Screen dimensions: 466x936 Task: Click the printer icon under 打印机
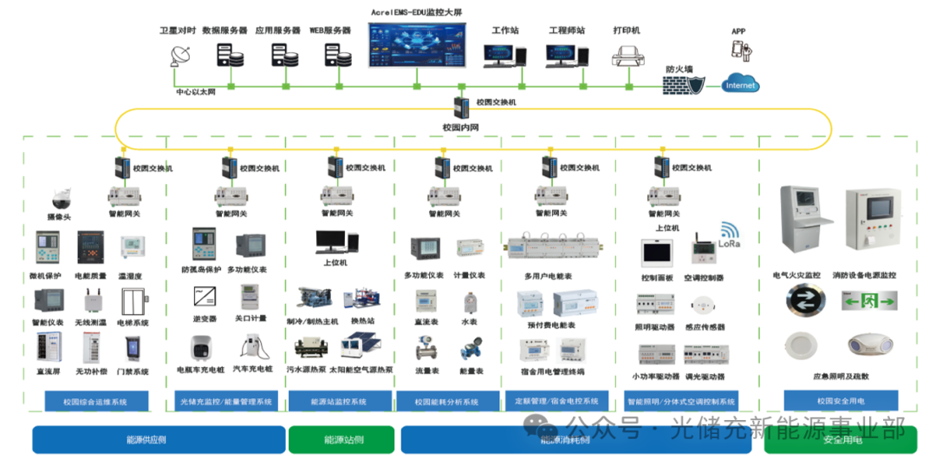click(627, 56)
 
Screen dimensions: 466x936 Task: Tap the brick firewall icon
click(679, 85)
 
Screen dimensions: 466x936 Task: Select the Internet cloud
click(740, 84)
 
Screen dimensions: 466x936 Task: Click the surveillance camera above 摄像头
click(60, 197)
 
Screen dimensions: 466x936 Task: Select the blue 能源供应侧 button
click(159, 439)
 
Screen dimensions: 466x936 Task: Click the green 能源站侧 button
click(341, 439)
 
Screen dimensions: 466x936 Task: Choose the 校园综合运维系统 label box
click(95, 402)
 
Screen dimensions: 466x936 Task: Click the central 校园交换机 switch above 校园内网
click(460, 108)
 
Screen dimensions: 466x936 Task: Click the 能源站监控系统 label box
click(339, 402)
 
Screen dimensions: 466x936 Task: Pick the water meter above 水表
click(470, 304)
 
